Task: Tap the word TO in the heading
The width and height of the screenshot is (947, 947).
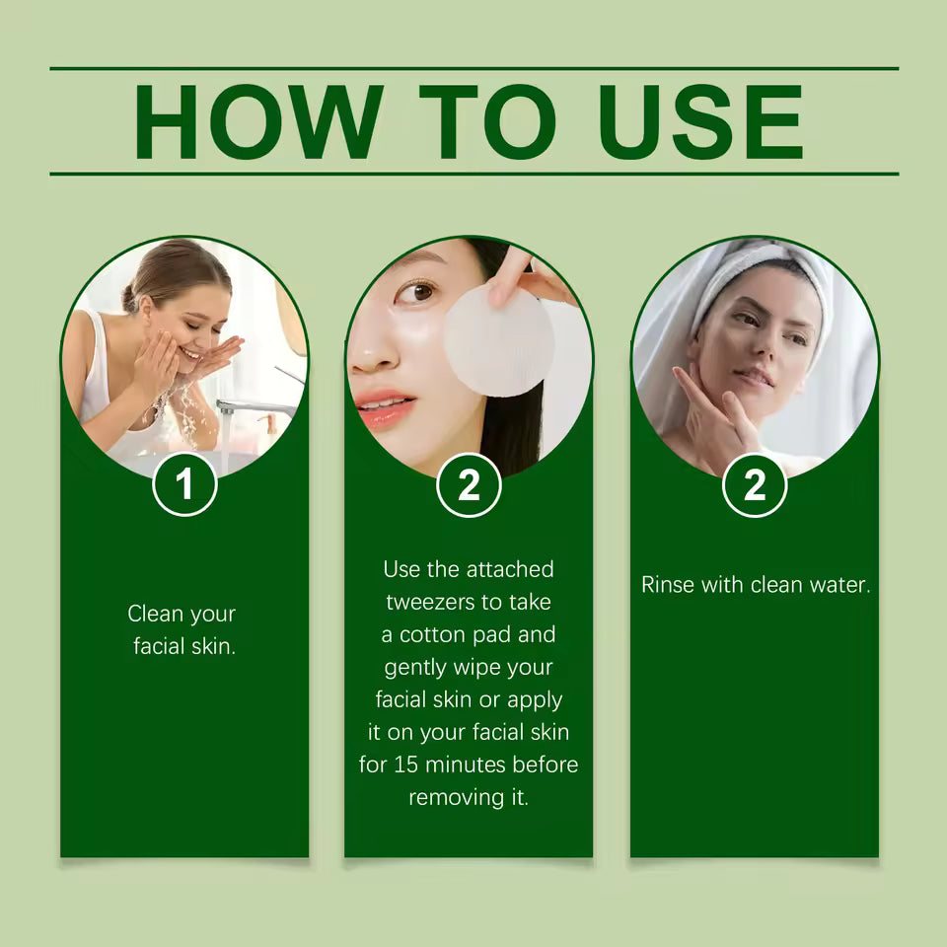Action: [x=486, y=122]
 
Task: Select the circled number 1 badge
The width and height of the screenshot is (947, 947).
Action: [x=184, y=484]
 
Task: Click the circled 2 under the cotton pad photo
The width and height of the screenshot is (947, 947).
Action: [x=469, y=484]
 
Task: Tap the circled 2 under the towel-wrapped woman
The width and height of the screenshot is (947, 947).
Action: [x=755, y=484]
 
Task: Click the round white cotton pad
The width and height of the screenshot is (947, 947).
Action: [x=498, y=341]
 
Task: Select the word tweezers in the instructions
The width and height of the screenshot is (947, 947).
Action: [x=431, y=603]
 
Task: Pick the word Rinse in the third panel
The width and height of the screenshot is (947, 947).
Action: [x=668, y=584]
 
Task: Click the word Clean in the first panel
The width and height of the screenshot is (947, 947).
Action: [x=155, y=614]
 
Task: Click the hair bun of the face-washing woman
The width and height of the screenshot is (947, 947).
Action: [x=131, y=296]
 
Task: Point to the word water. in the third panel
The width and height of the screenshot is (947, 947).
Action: [x=839, y=584]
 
